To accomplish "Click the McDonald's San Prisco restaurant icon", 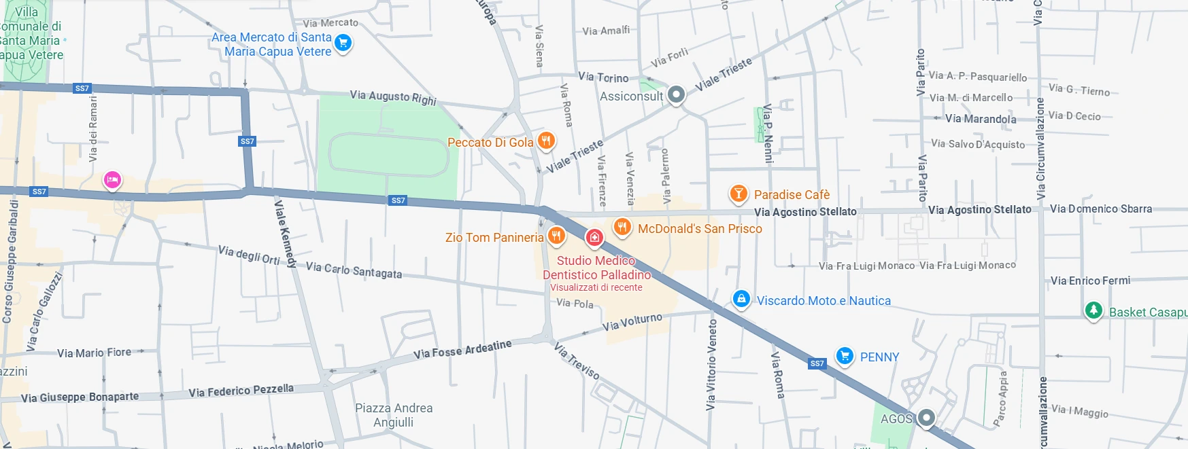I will point(622,227).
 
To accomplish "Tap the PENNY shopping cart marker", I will point(844,355).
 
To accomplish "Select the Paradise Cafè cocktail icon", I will point(738,194).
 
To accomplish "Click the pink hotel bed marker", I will point(112,180).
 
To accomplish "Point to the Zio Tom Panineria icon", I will point(556,236).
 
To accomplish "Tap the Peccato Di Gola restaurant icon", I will point(546,141).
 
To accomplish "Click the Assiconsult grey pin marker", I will point(676,94).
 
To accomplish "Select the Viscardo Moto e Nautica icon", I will point(741,298).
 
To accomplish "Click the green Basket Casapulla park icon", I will point(1093,310).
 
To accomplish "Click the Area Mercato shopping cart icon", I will point(343,43).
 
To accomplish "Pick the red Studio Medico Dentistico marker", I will point(594,237).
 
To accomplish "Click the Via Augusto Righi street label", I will point(392,97).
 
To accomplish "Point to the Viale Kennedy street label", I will point(285,233).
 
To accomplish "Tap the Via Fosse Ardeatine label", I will point(462,350).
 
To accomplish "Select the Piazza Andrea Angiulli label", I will point(394,415).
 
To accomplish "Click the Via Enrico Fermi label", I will point(1090,281).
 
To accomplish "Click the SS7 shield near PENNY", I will point(817,363).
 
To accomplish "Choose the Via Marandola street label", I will point(981,119).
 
